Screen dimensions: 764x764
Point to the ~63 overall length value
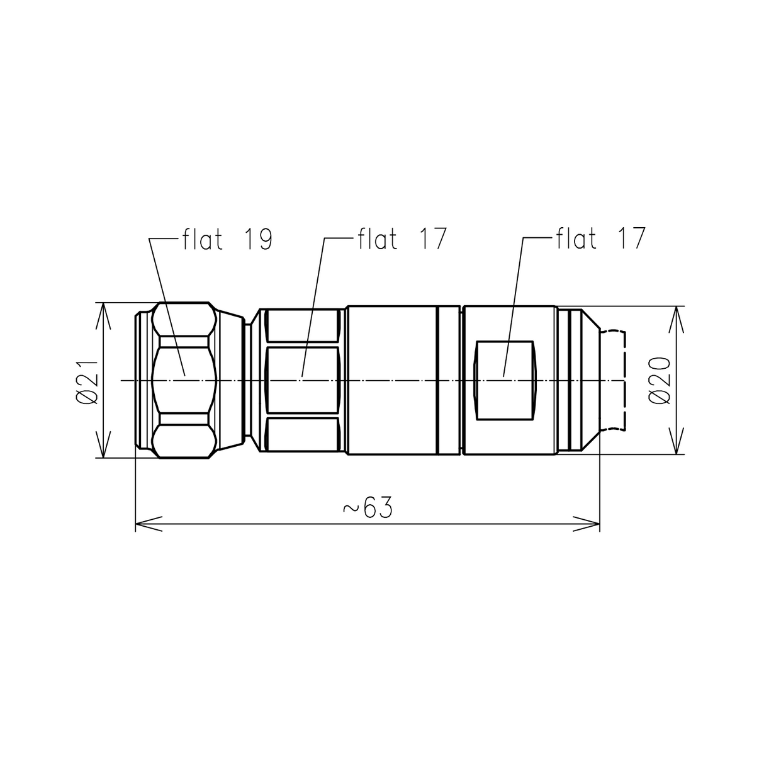tap(368, 508)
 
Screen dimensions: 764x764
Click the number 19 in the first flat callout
tap(258, 240)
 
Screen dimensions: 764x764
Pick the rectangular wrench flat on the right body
tap(505, 381)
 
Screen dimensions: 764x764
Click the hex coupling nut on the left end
tap(184, 380)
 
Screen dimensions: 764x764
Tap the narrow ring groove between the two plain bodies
tap(449, 380)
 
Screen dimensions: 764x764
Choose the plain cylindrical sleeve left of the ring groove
tap(391, 380)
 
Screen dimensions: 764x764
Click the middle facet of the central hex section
tap(304, 380)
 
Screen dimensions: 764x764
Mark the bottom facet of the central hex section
tap(304, 435)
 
